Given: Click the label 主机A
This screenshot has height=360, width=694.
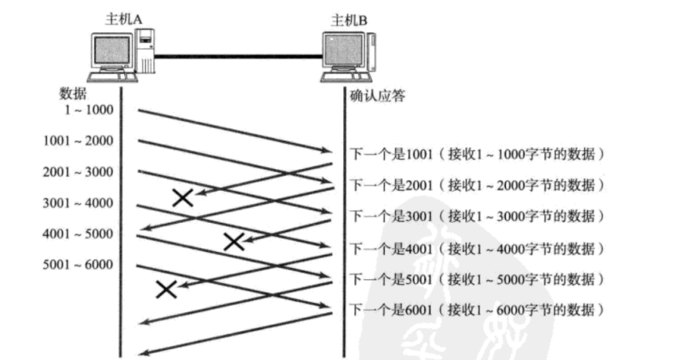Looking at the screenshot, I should click(x=123, y=20).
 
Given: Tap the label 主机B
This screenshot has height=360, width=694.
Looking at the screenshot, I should click(x=349, y=20).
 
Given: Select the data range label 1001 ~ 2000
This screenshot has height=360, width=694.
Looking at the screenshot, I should click(x=78, y=141).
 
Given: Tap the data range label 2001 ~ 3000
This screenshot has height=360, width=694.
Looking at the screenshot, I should click(x=78, y=172).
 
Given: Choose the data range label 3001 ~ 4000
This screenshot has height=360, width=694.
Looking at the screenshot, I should click(x=78, y=203).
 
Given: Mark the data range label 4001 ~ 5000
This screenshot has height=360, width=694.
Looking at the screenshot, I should click(x=78, y=234).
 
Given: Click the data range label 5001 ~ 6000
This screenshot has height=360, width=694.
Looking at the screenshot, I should click(x=78, y=265).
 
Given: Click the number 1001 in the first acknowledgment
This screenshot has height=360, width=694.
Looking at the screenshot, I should click(x=419, y=154).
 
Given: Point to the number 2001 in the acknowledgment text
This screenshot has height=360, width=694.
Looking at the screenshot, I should click(x=419, y=186).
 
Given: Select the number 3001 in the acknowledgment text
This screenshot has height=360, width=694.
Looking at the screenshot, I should click(x=419, y=217).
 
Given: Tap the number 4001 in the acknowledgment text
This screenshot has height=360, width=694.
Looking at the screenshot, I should click(x=419, y=248).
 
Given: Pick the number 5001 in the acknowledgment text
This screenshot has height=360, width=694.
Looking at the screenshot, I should click(x=419, y=279).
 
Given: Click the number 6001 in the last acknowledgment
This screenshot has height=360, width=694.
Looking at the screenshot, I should click(x=419, y=311).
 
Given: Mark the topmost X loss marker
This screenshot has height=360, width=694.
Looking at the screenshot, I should click(x=183, y=197).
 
